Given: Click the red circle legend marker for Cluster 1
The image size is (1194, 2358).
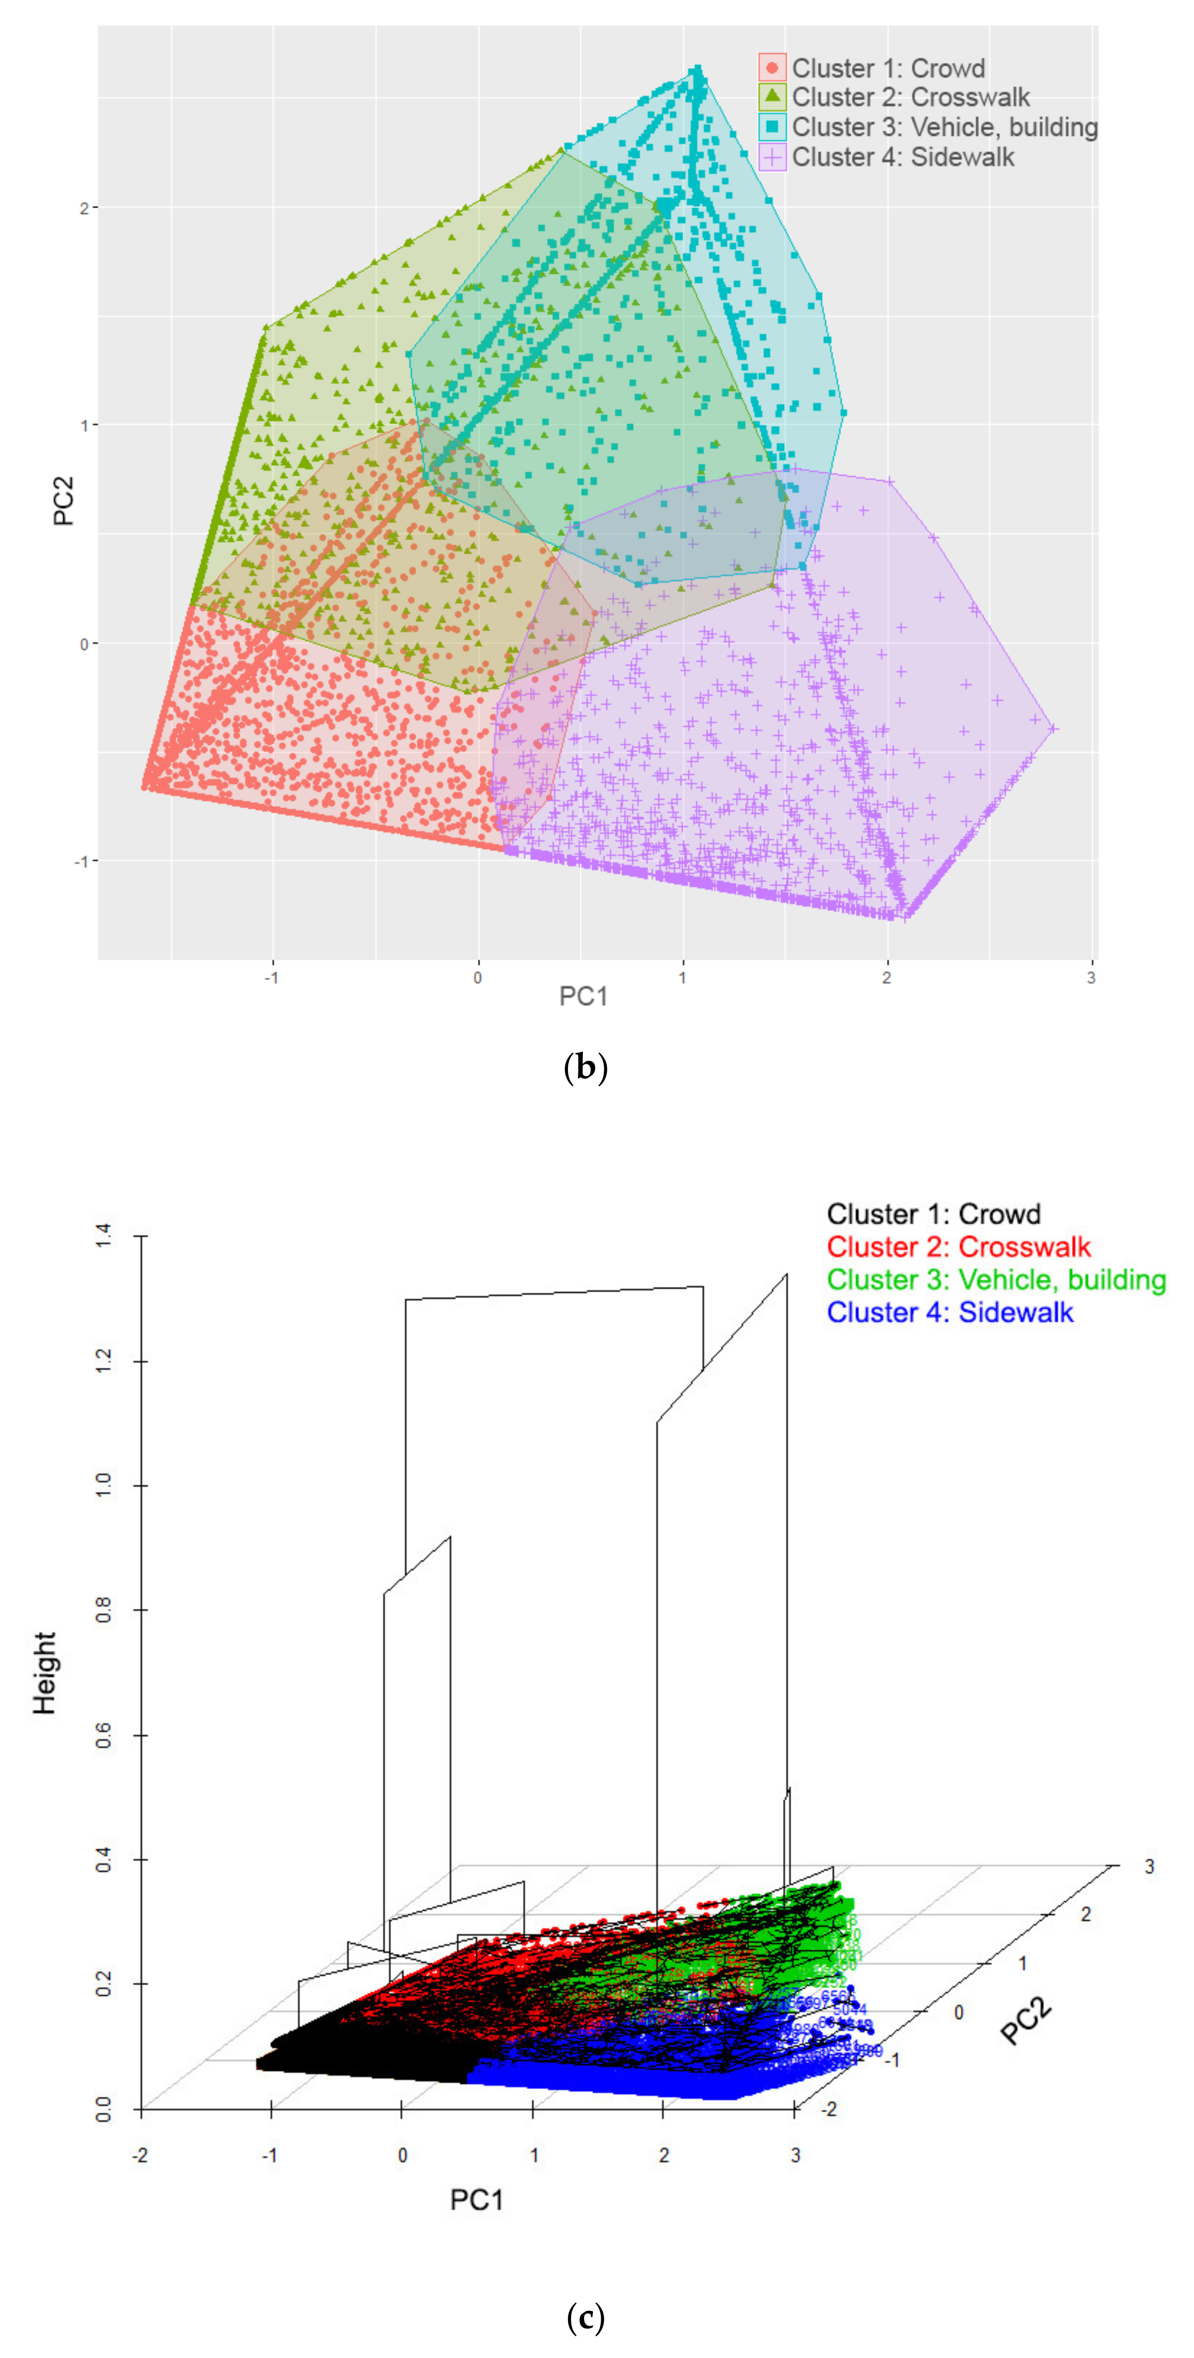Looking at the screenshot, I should point(772,68).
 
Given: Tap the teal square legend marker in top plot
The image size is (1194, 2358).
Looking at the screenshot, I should point(772,127).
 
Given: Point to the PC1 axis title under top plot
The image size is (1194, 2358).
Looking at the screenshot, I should point(583,996).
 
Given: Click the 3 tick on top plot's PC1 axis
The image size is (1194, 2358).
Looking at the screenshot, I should point(1090,978).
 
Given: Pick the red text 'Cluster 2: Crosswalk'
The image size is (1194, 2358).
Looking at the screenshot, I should point(958,1247).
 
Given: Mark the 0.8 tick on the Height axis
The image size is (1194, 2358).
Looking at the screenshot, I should point(104,1610).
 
